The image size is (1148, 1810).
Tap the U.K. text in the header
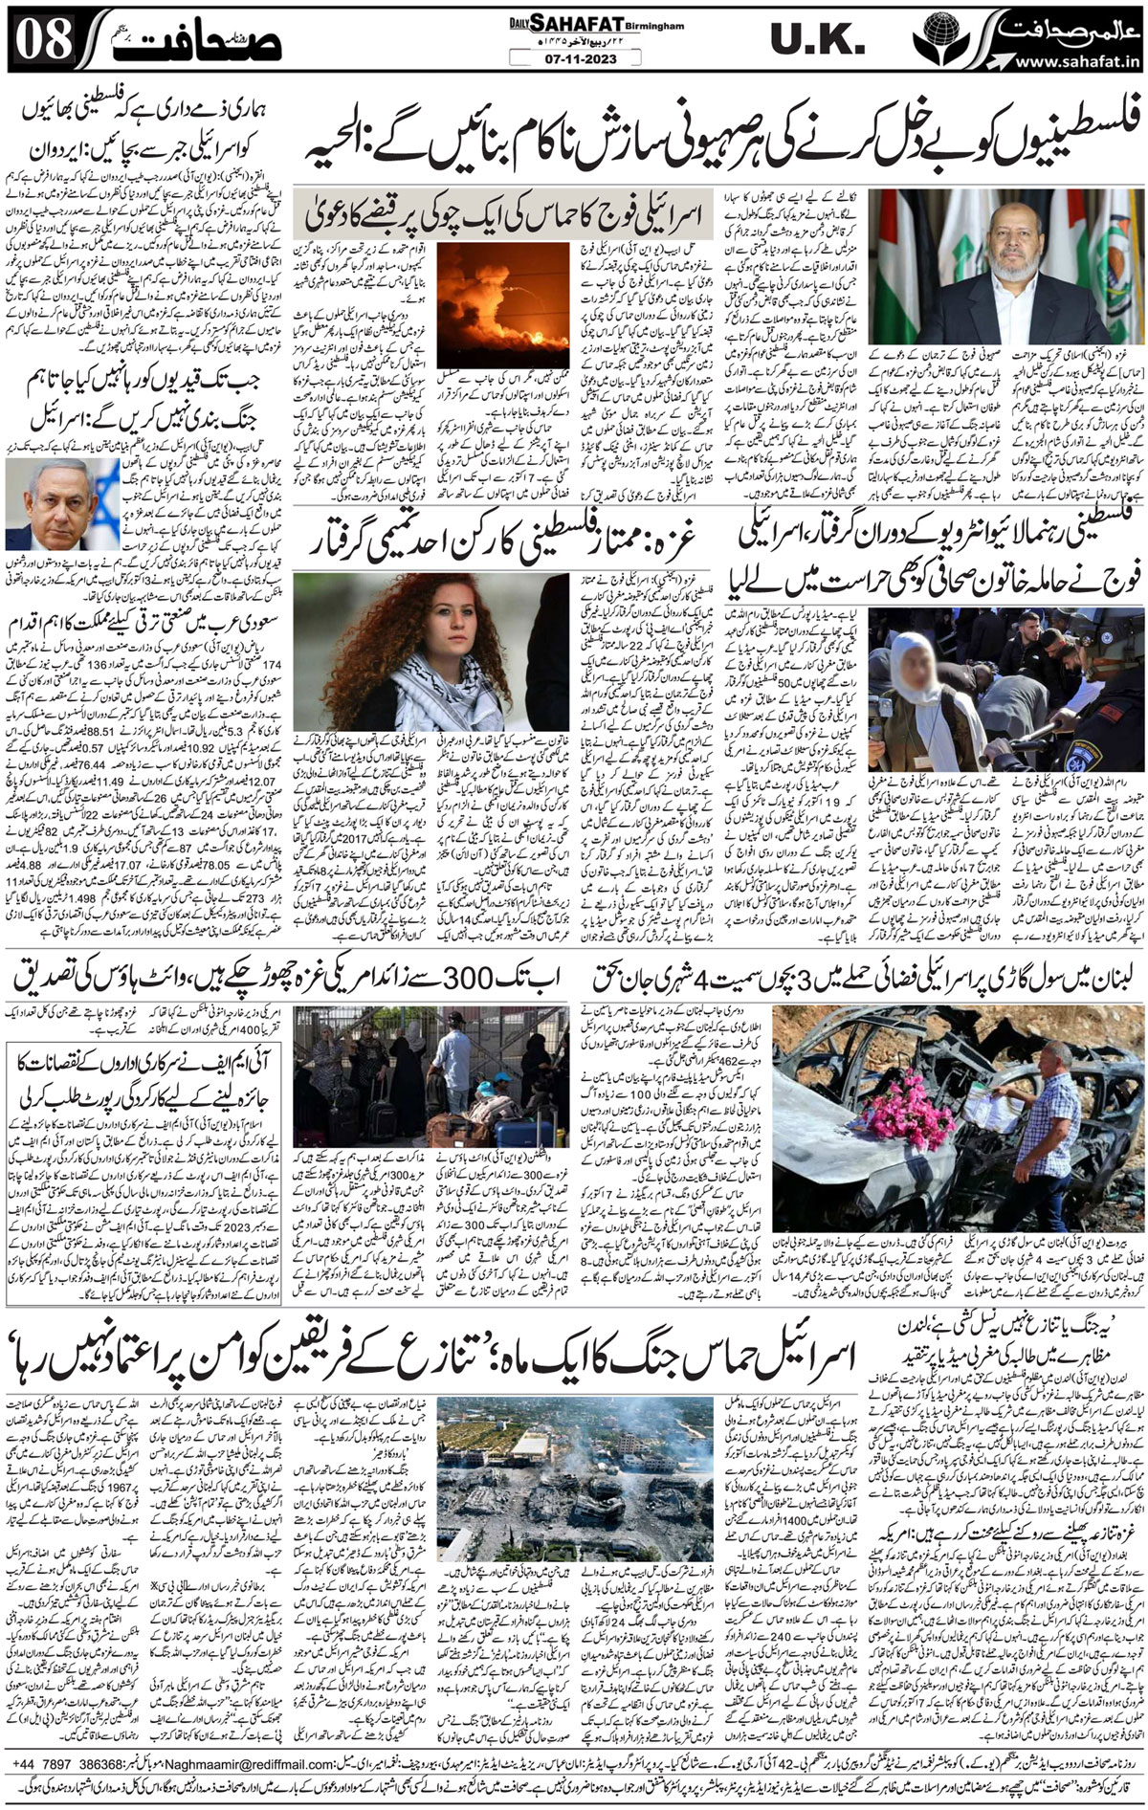coord(819,42)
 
